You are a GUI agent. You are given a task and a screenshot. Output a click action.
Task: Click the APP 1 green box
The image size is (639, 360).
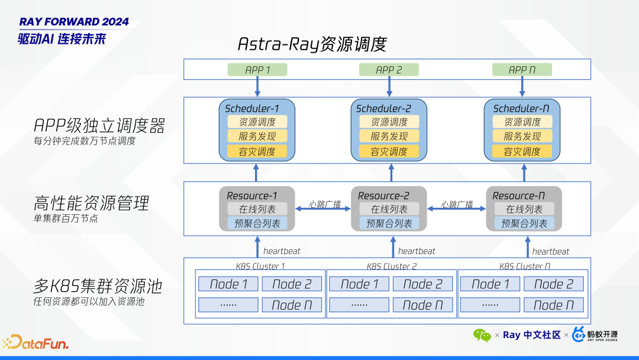point(257,70)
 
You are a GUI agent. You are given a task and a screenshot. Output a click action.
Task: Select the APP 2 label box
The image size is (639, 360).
point(389,70)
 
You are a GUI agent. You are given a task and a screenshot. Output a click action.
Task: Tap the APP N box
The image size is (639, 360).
point(522,70)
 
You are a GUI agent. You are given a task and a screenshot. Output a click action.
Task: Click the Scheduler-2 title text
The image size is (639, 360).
point(383,108)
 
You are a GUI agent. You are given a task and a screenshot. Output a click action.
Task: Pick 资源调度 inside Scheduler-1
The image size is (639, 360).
point(257,122)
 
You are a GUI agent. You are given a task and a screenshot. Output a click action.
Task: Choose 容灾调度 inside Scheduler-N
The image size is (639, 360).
point(522,151)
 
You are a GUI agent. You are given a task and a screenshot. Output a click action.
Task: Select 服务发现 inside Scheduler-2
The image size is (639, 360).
point(389,136)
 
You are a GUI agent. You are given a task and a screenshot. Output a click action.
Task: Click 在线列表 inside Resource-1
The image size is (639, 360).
point(257,209)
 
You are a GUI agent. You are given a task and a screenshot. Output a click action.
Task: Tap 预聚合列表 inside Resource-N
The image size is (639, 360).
point(524,223)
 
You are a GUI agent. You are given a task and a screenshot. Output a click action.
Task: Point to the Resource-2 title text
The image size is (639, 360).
point(383,195)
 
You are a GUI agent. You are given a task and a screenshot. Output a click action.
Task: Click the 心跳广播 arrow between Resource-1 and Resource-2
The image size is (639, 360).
point(325,207)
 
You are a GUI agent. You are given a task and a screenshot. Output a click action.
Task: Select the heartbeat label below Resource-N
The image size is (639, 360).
point(551,251)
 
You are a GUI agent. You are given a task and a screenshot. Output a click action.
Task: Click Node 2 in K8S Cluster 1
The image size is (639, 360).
point(292,284)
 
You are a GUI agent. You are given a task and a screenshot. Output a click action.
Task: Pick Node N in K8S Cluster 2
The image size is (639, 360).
point(422,305)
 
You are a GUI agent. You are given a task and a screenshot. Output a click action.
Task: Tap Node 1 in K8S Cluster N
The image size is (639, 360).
point(490,284)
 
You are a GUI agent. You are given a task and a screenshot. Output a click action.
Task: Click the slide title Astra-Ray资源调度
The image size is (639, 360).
point(312,44)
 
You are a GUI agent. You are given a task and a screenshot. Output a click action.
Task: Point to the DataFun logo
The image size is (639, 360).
point(35,342)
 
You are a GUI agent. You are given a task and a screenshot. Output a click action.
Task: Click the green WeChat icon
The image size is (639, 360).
point(482,335)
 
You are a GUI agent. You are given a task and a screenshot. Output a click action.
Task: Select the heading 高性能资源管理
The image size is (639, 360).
point(91,204)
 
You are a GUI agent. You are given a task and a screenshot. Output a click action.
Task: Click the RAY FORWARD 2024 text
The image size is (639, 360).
point(74,22)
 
